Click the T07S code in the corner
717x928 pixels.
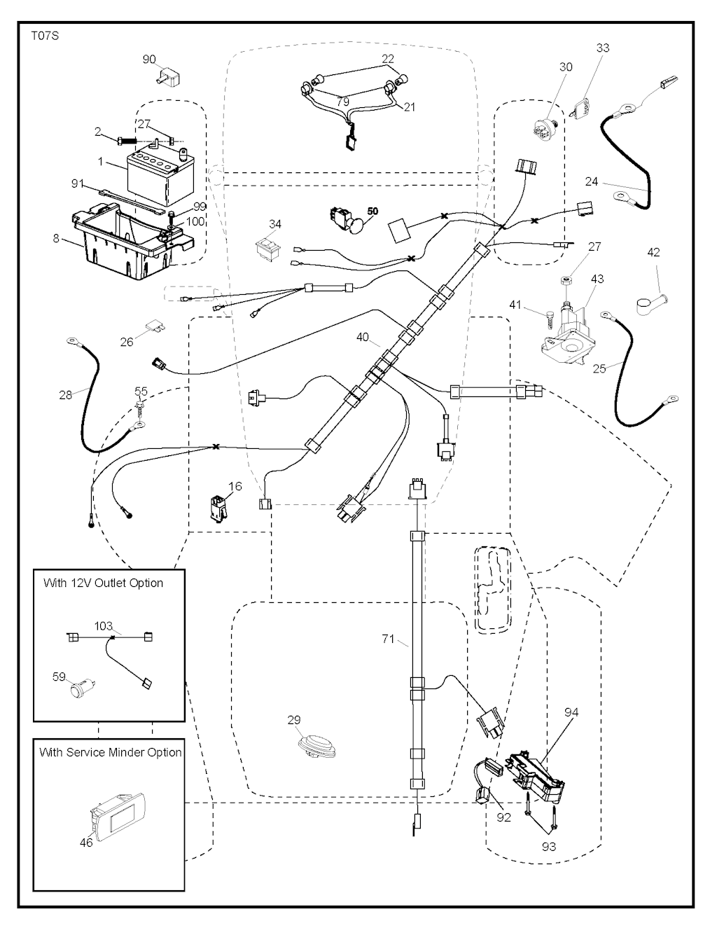coord(45,35)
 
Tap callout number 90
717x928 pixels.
coord(149,60)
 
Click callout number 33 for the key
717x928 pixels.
coord(602,48)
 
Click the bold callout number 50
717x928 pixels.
coord(372,211)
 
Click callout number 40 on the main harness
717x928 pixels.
coord(362,337)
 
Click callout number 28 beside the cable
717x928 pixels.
coord(65,396)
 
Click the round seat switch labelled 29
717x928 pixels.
coord(317,745)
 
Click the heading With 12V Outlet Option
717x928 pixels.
coord(103,583)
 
